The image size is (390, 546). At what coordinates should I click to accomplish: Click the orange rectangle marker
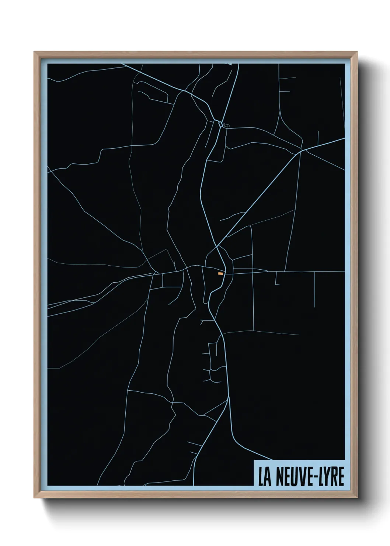(x=220, y=273)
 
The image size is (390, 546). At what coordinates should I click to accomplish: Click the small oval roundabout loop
(x=220, y=124)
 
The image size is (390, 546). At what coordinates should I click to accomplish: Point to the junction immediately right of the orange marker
(x=226, y=273)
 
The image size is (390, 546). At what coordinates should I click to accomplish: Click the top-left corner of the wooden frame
(x=34, y=52)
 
